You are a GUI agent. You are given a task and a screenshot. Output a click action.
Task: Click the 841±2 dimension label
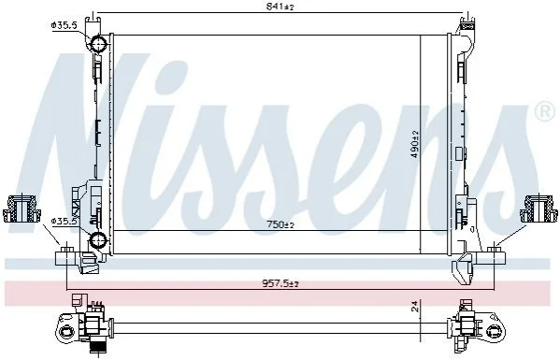pos(280,6)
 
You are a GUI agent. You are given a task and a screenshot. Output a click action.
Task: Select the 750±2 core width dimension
pos(280,224)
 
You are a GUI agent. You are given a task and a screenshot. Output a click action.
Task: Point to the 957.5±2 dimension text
pos(280,284)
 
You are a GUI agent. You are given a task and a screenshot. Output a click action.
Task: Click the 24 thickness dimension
pos(415,307)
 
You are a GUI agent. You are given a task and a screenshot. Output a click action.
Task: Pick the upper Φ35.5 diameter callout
pos(65,25)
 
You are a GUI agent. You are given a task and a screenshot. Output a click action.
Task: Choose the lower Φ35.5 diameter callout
pos(65,222)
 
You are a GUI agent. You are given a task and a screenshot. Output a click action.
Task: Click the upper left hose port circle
pos(97,44)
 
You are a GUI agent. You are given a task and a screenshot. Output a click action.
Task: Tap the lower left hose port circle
pos(97,239)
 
